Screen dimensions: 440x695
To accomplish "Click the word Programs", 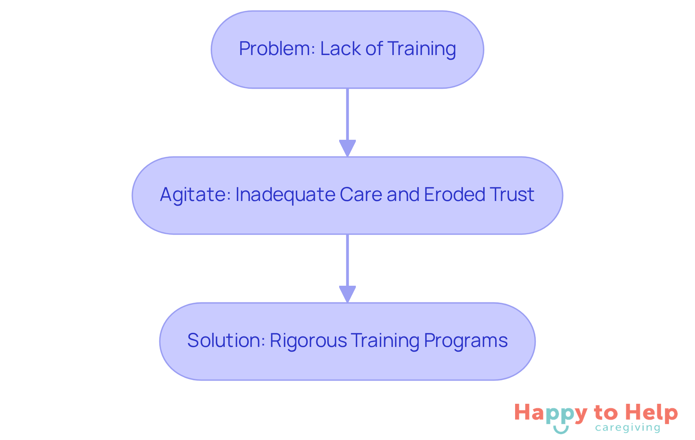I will [466, 340].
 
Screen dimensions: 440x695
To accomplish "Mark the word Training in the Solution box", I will [385, 340].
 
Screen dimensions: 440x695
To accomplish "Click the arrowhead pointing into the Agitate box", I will [347, 148].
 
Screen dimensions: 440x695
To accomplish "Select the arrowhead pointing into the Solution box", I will [347, 294].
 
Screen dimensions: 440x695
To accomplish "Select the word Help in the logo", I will [652, 413].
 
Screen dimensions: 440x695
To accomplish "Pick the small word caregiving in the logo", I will [627, 428].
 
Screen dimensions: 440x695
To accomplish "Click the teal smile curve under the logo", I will [561, 430].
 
